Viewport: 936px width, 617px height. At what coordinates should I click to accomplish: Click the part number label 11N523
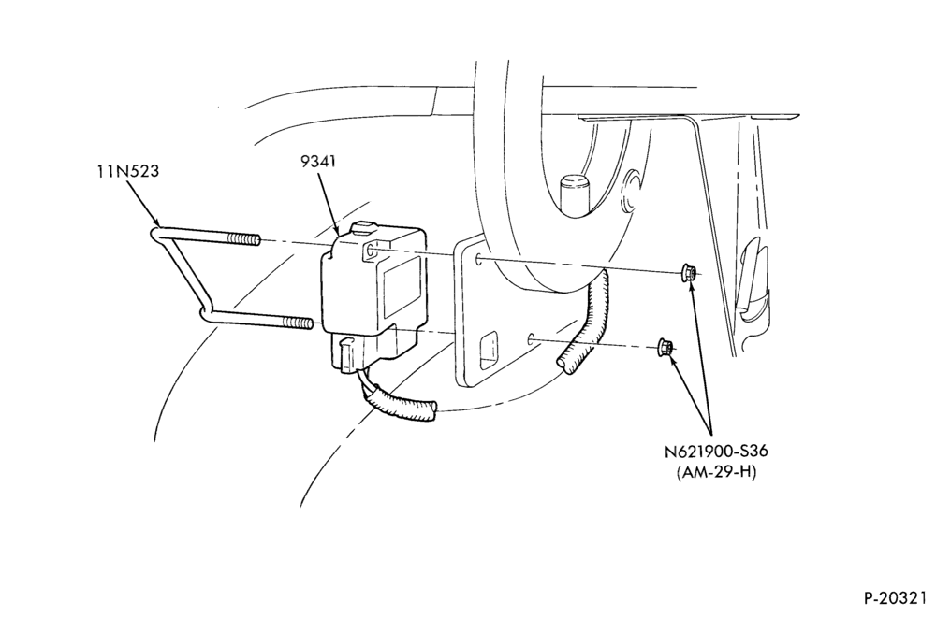click(x=128, y=171)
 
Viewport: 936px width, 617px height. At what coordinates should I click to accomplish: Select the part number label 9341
click(x=318, y=161)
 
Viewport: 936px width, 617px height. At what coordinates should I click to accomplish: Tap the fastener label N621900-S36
click(x=716, y=452)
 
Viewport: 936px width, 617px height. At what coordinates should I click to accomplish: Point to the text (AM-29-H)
click(x=716, y=472)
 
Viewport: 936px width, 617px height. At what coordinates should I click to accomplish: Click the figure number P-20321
click(x=896, y=598)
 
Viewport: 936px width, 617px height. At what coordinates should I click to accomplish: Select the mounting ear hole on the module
click(x=370, y=251)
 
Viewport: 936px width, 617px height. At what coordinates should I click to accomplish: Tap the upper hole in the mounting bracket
click(x=478, y=259)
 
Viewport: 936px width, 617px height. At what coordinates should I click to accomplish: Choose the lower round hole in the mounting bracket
click(x=530, y=339)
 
